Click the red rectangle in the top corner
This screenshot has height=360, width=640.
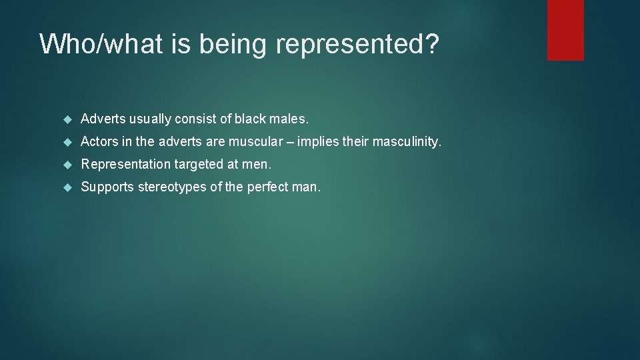[565, 30]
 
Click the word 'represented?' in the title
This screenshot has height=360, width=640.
[357, 44]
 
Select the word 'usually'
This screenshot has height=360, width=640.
[150, 119]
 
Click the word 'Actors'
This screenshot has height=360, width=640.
[99, 142]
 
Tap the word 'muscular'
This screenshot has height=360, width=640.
[257, 142]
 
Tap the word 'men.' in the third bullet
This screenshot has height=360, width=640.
[258, 165]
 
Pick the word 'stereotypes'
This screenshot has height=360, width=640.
[172, 187]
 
